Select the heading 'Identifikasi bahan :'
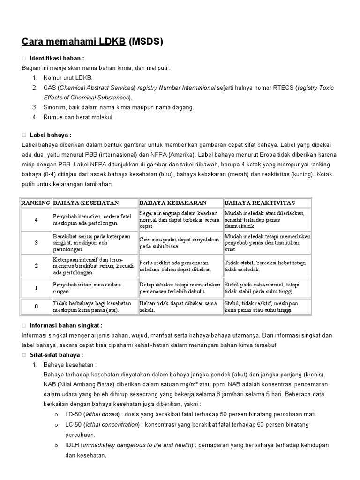[x=57, y=59]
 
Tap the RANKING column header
[x=36, y=202]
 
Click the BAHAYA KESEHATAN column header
[x=86, y=202]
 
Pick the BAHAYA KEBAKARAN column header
[x=172, y=202]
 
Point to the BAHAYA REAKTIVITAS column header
[x=260, y=202]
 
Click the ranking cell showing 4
[x=36, y=220]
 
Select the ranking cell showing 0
[x=36, y=307]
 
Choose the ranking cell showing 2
[x=36, y=266]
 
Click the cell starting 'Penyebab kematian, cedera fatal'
[x=92, y=220]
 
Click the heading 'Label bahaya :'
[x=50, y=135]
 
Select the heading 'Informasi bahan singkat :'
[x=66, y=325]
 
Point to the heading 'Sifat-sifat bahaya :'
[x=56, y=354]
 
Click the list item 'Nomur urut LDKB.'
[x=68, y=77]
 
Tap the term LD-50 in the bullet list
[x=73, y=414]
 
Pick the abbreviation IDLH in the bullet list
[x=72, y=444]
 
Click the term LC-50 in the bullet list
[x=73, y=424]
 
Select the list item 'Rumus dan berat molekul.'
[x=79, y=117]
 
